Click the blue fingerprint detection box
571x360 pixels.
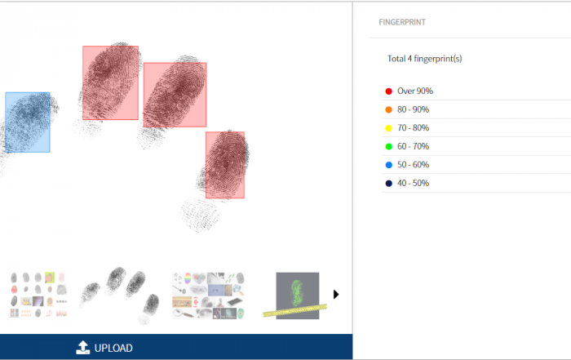pos(28,122)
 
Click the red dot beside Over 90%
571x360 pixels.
pos(388,91)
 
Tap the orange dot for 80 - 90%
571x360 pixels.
pos(388,109)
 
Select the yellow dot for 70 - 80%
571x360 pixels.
pos(388,128)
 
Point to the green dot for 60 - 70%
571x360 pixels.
pos(388,146)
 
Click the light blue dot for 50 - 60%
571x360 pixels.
pos(388,165)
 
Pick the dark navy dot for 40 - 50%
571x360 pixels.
pos(388,184)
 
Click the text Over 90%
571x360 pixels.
pos(415,91)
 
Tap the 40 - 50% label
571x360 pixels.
pos(414,184)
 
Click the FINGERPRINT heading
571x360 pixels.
pos(402,22)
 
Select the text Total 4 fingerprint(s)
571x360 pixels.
pos(425,59)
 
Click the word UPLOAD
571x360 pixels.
pos(113,348)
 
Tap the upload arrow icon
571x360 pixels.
pos(82,347)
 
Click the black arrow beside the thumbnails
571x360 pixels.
pos(336,295)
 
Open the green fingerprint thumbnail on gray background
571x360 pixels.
pos(298,296)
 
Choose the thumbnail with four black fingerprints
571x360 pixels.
pos(120,296)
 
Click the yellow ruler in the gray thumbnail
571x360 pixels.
pos(294,310)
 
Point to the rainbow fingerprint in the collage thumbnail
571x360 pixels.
pos(188,278)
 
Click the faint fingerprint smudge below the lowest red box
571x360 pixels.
pos(200,215)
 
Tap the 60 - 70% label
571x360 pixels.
pos(414,146)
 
